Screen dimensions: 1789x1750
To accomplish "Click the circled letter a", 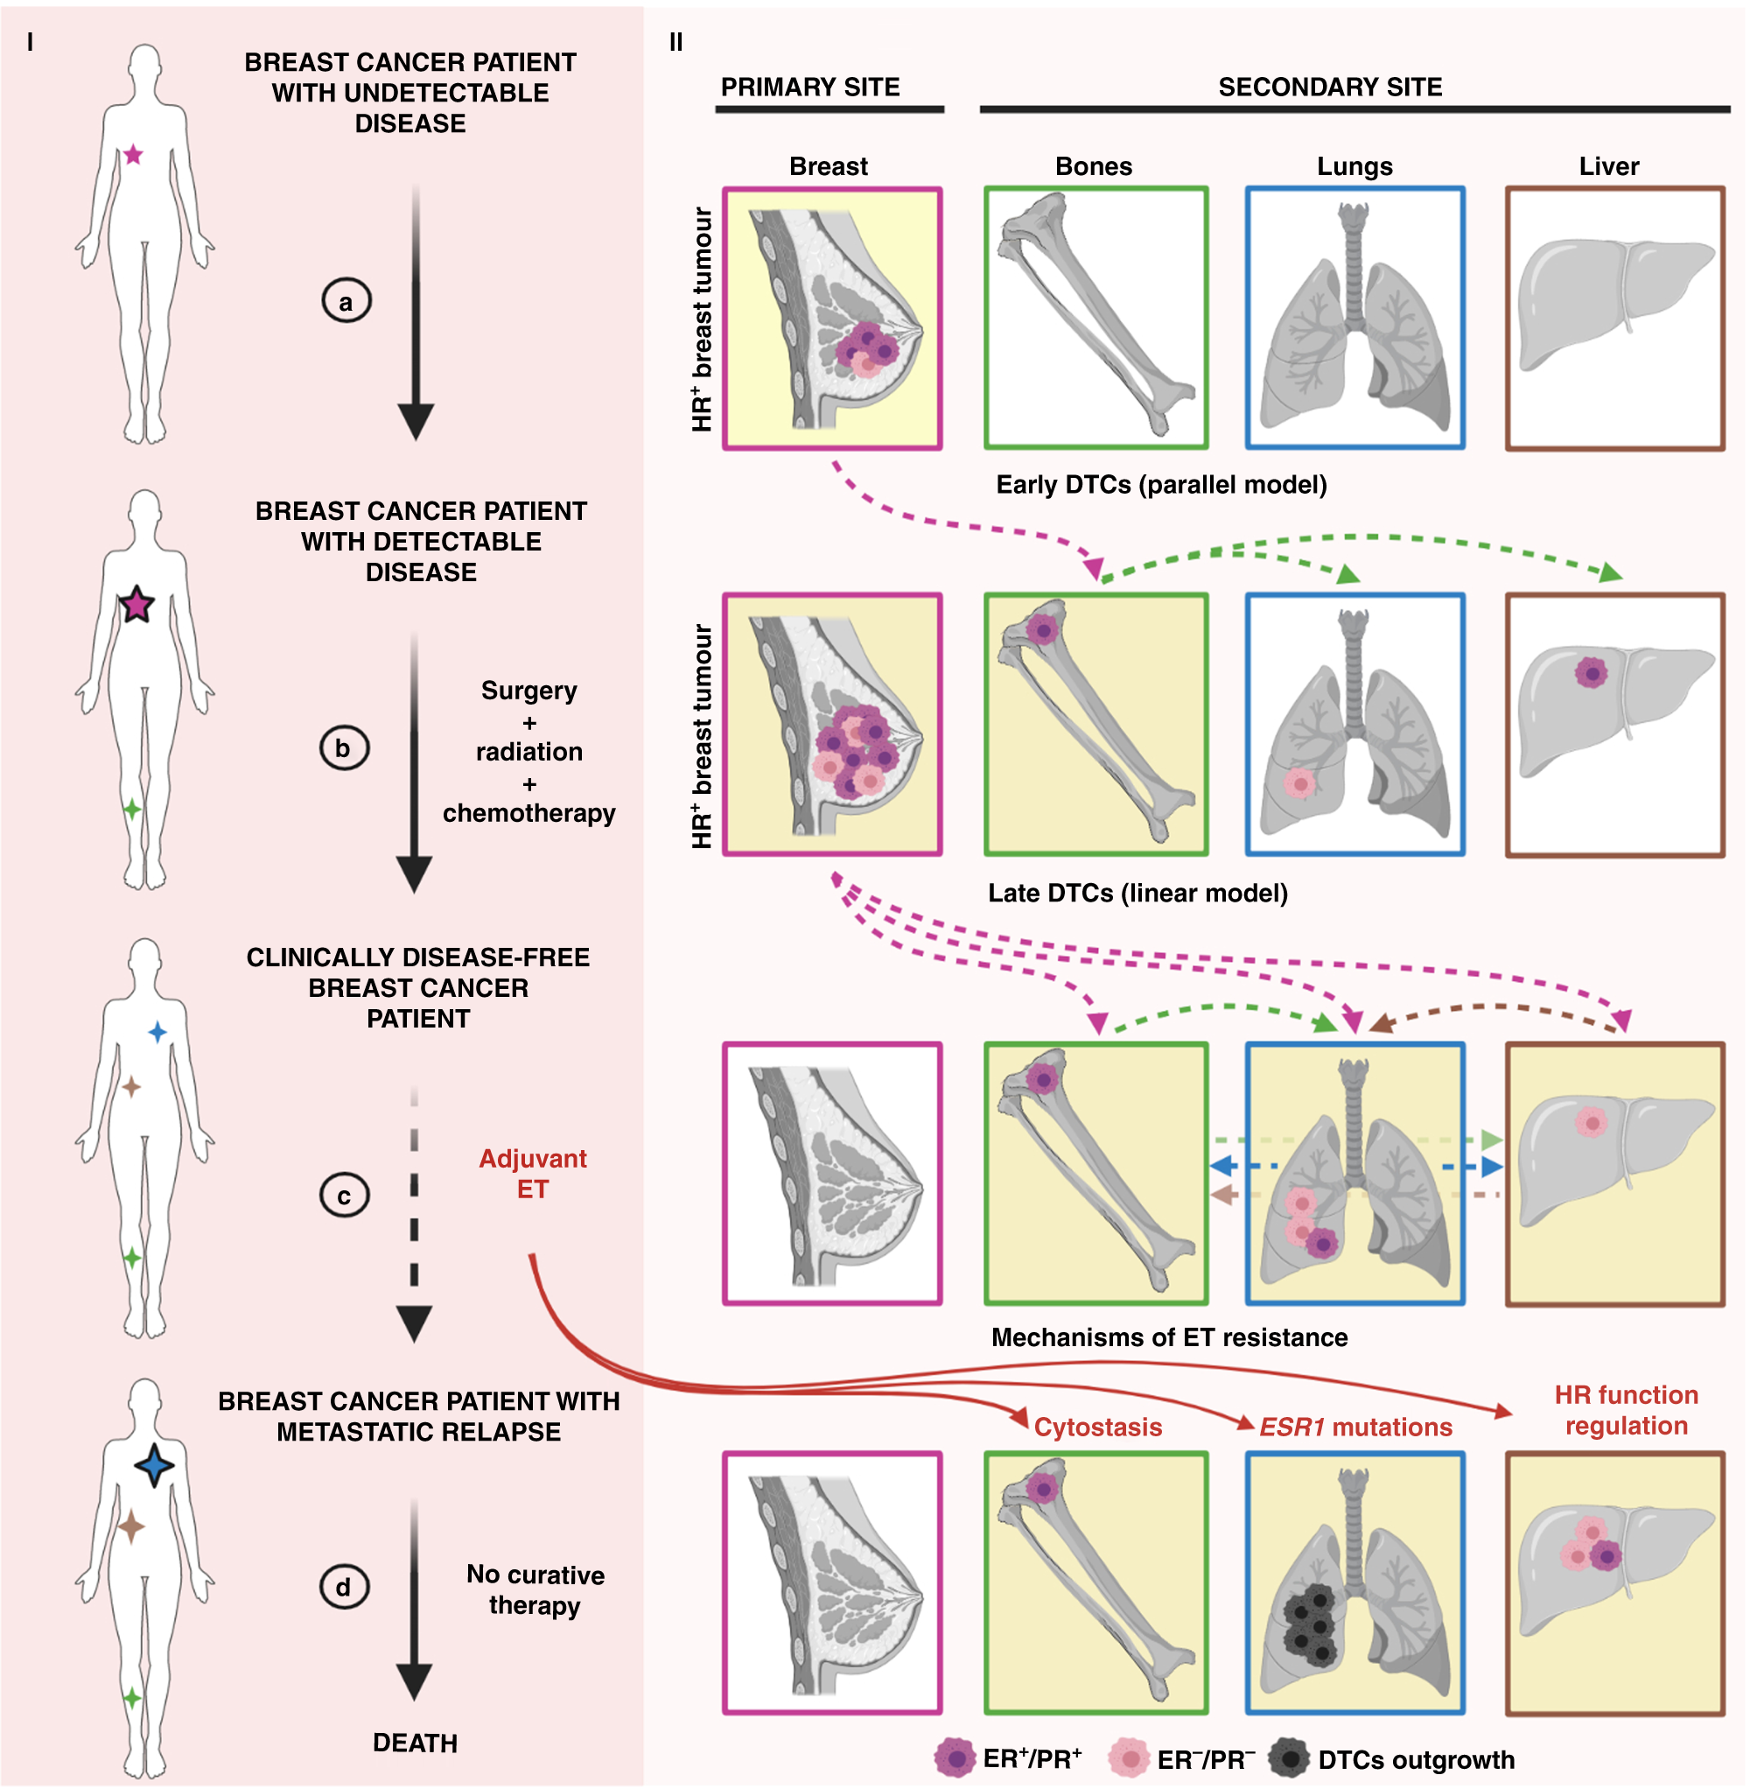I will [346, 302].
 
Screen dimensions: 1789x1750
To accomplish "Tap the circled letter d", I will [344, 1587].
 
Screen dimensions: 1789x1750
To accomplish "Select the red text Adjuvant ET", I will [532, 1173].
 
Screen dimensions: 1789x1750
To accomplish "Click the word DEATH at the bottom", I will [415, 1742].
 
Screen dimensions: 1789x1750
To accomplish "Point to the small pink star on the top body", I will [133, 154].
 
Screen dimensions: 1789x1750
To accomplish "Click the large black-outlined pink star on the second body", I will [136, 605].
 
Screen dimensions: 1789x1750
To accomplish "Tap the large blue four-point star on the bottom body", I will [153, 1465].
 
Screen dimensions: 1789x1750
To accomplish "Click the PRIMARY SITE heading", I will [809, 88].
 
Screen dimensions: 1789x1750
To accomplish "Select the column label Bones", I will [1093, 166].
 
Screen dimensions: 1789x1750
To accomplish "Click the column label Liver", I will [1608, 166].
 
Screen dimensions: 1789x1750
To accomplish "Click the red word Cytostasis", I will [1097, 1427].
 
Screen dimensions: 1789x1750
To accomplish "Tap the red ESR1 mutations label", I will [1354, 1427].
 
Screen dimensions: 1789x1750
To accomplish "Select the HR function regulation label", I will [1625, 1410].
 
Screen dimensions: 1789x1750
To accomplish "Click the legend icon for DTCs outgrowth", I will [1290, 1758].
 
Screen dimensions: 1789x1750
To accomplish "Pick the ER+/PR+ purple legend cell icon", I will [955, 1758].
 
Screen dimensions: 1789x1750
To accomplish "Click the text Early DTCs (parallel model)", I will [1161, 485].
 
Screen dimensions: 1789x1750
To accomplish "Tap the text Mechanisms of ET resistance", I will [1168, 1337].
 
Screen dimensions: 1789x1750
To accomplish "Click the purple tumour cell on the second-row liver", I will [1591, 673].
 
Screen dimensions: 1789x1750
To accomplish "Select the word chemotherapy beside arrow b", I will [528, 813].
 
